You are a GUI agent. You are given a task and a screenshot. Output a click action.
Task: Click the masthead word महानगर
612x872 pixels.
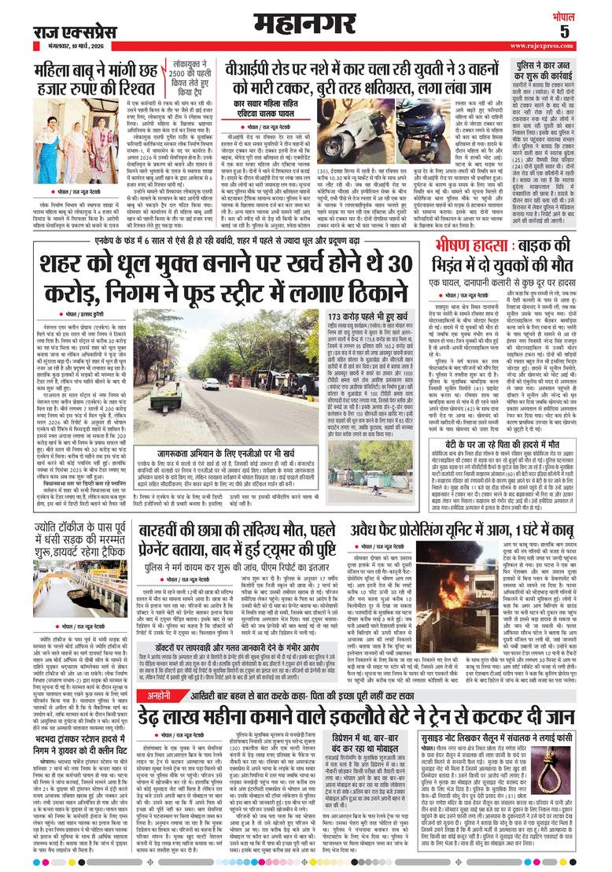(x=305, y=22)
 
